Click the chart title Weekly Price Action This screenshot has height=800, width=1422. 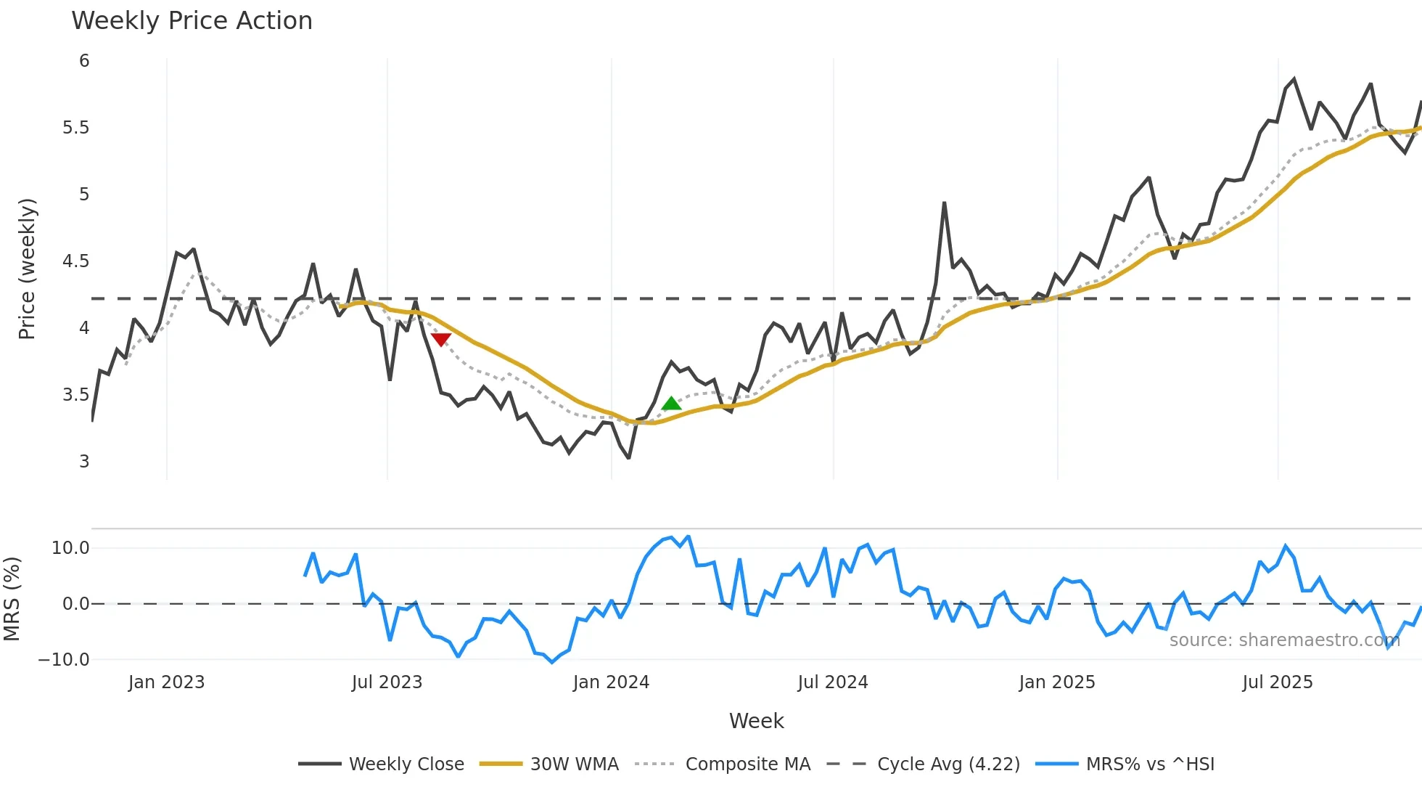click(x=192, y=21)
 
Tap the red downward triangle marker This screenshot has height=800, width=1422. click(x=441, y=339)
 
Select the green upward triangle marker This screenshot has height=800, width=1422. click(x=672, y=404)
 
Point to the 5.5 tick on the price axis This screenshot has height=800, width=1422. click(x=75, y=128)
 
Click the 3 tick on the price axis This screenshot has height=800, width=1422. click(x=84, y=462)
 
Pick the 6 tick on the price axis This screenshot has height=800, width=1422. click(x=84, y=61)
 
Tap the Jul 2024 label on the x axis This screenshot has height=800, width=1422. click(x=832, y=682)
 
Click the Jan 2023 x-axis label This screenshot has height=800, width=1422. click(x=166, y=682)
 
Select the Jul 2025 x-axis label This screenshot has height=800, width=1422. click(x=1277, y=682)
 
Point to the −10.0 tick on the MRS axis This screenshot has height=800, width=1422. click(x=64, y=660)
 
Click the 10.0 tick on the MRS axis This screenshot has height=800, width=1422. click(x=70, y=548)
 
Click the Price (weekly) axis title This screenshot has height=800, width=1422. click(x=27, y=269)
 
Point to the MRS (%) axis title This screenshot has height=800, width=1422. click(x=12, y=599)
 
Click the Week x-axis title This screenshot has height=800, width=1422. click(x=756, y=721)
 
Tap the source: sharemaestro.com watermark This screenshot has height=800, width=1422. click(x=1284, y=640)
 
